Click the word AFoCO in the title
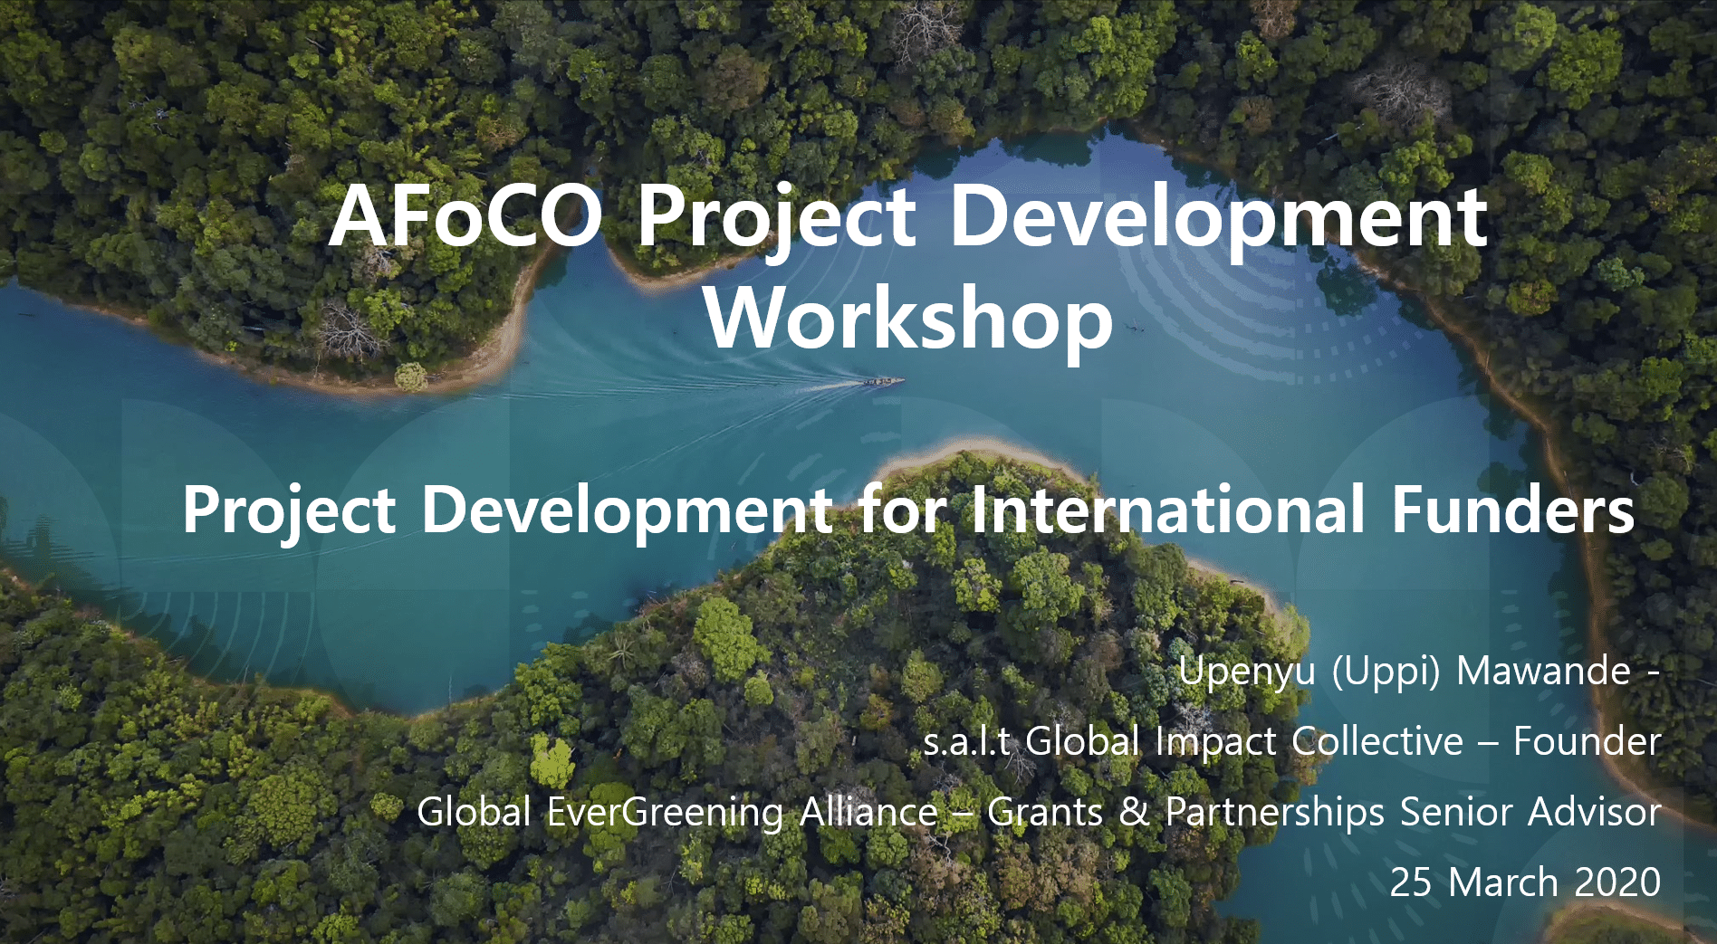click(465, 217)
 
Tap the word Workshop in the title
click(908, 319)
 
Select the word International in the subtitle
click(1167, 510)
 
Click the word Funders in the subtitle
click(1512, 510)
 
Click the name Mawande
click(1543, 672)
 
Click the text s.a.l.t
click(966, 742)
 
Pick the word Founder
click(1588, 741)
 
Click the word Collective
click(1377, 741)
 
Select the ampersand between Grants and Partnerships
click(1134, 812)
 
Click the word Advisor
click(1595, 812)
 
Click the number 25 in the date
click(1411, 882)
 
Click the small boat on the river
click(883, 382)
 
